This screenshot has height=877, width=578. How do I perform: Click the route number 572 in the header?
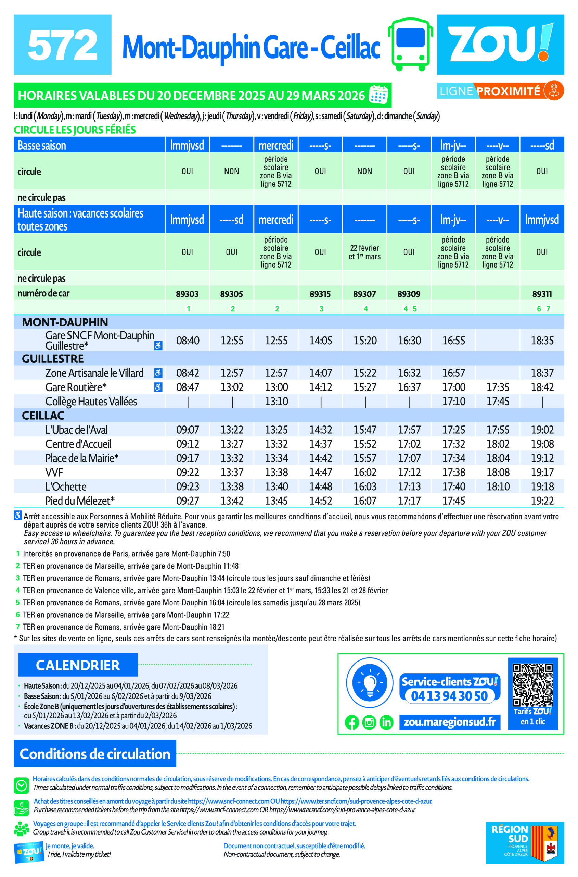point(63,45)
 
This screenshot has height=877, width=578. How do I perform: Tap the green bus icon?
point(410,44)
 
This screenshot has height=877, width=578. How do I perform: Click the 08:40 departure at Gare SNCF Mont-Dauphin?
point(188,340)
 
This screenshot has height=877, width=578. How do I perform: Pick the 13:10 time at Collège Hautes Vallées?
point(276,402)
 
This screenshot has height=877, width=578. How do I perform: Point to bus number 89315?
point(320,294)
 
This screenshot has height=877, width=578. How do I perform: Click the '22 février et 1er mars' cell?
point(364,252)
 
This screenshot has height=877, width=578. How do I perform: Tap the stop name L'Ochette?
point(66,487)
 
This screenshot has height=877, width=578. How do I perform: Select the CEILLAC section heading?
point(43,416)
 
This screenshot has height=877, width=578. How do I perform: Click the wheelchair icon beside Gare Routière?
point(158,387)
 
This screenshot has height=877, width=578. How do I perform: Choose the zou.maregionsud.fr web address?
point(450,722)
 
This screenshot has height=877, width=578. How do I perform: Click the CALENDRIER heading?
point(78,665)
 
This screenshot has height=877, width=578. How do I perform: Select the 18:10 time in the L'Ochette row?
point(498,487)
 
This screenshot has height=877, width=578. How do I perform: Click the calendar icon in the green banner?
point(378,95)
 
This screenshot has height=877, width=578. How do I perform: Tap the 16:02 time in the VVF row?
point(364,472)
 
